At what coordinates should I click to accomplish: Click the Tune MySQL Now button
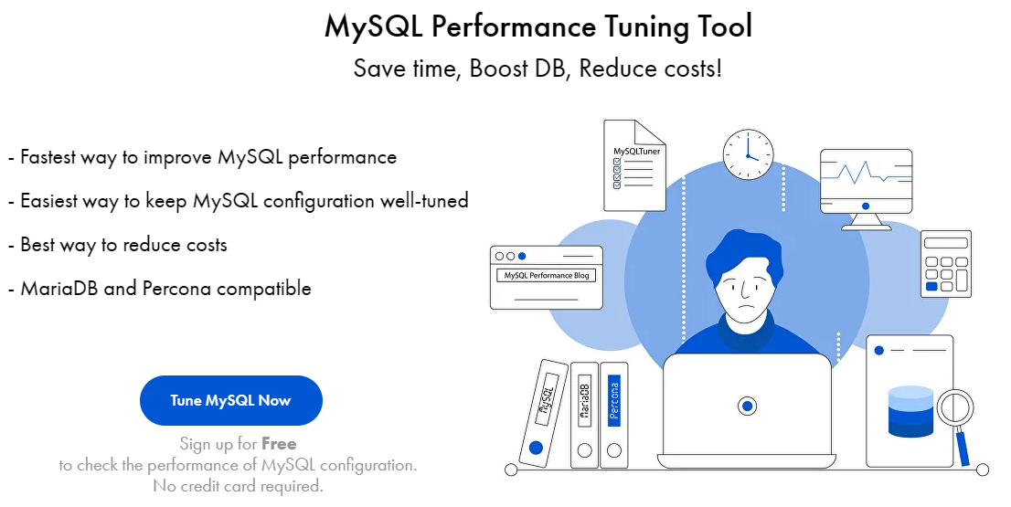(x=230, y=401)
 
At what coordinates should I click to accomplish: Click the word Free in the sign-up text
(x=279, y=444)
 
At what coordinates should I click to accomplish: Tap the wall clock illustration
(x=748, y=153)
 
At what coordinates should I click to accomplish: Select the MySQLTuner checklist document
(x=634, y=165)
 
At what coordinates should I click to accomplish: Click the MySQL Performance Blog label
(x=547, y=275)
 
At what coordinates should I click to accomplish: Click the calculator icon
(x=945, y=263)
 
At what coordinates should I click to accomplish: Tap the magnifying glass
(x=955, y=409)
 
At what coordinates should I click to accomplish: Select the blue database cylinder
(x=910, y=413)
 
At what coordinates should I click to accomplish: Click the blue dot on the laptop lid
(x=747, y=406)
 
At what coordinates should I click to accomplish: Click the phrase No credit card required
(x=238, y=486)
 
